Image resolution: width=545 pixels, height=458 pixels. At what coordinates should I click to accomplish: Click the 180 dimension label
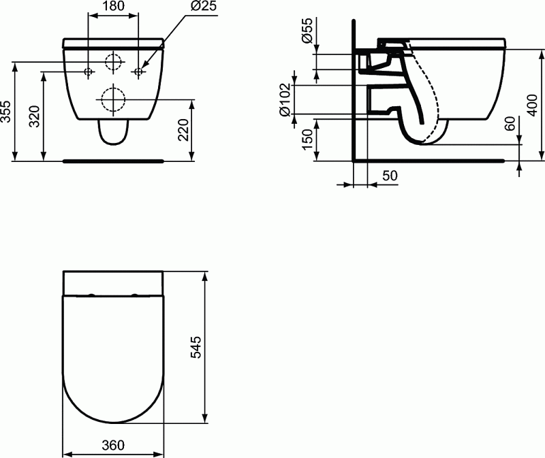(113, 6)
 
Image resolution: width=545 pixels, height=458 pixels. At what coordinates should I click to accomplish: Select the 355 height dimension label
(6, 112)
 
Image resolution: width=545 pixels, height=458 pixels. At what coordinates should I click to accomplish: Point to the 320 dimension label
(35, 116)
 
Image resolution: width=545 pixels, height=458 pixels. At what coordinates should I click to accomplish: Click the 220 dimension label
(183, 130)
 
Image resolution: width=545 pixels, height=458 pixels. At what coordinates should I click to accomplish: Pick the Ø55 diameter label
(307, 31)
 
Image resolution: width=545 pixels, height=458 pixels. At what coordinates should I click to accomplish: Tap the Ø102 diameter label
(285, 99)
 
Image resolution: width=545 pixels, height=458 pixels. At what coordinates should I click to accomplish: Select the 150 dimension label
(308, 140)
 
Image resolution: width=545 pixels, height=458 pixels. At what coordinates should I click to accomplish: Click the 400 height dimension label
(532, 105)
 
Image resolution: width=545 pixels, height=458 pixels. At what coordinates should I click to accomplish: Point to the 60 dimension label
(510, 124)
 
